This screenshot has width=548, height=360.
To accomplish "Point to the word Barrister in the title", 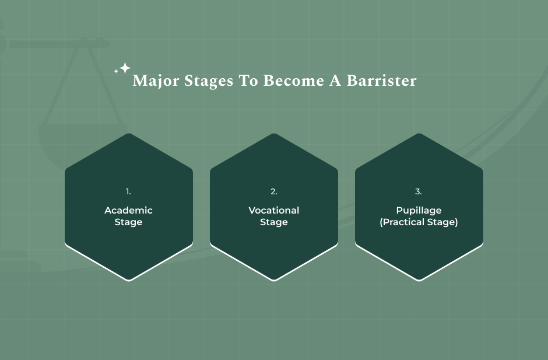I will [x=382, y=81].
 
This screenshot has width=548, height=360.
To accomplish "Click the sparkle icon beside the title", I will [x=123, y=68].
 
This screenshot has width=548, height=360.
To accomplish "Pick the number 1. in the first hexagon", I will [x=128, y=191].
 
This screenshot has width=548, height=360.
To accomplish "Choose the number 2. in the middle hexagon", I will [x=274, y=191].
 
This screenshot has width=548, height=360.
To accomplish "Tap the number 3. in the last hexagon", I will [x=419, y=191].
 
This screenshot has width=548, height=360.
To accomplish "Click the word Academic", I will [x=128, y=210].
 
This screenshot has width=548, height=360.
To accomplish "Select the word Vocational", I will [x=274, y=210].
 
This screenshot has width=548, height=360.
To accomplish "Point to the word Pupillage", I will [x=419, y=210].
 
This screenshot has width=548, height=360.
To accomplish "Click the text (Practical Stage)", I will [x=419, y=222].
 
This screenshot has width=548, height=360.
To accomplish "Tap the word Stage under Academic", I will [x=128, y=222].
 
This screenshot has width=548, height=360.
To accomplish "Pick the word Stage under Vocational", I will [x=274, y=222].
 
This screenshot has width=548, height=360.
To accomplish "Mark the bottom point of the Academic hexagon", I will [x=129, y=279].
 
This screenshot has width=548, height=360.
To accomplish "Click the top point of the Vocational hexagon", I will [x=274, y=135].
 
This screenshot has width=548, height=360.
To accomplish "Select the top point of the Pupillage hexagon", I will [x=419, y=135].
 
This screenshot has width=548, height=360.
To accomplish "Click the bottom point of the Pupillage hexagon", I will [x=419, y=279].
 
